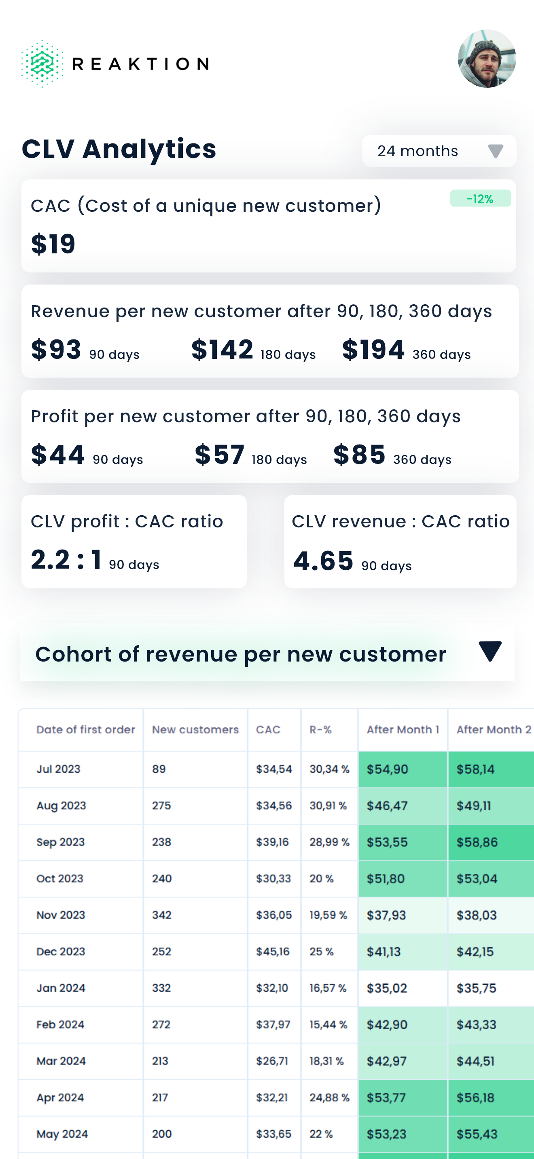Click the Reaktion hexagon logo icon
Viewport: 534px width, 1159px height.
click(x=41, y=63)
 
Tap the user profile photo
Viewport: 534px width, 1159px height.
click(x=486, y=59)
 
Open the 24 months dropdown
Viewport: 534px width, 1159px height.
click(x=439, y=151)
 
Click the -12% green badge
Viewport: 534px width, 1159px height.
click(x=480, y=198)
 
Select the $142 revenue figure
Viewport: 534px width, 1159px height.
click(x=222, y=350)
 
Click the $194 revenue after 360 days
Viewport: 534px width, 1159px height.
click(x=373, y=350)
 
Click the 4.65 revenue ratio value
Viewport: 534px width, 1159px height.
click(x=323, y=561)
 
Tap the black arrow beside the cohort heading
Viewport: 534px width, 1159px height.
click(x=490, y=651)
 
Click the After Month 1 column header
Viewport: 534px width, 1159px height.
click(x=403, y=729)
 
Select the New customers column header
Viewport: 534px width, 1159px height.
click(x=195, y=729)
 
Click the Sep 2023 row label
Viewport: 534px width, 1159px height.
click(x=60, y=842)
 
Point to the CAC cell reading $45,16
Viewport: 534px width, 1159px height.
click(x=274, y=952)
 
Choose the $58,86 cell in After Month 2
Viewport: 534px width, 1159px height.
click(x=477, y=842)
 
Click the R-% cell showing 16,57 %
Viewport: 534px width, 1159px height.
click(x=328, y=988)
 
